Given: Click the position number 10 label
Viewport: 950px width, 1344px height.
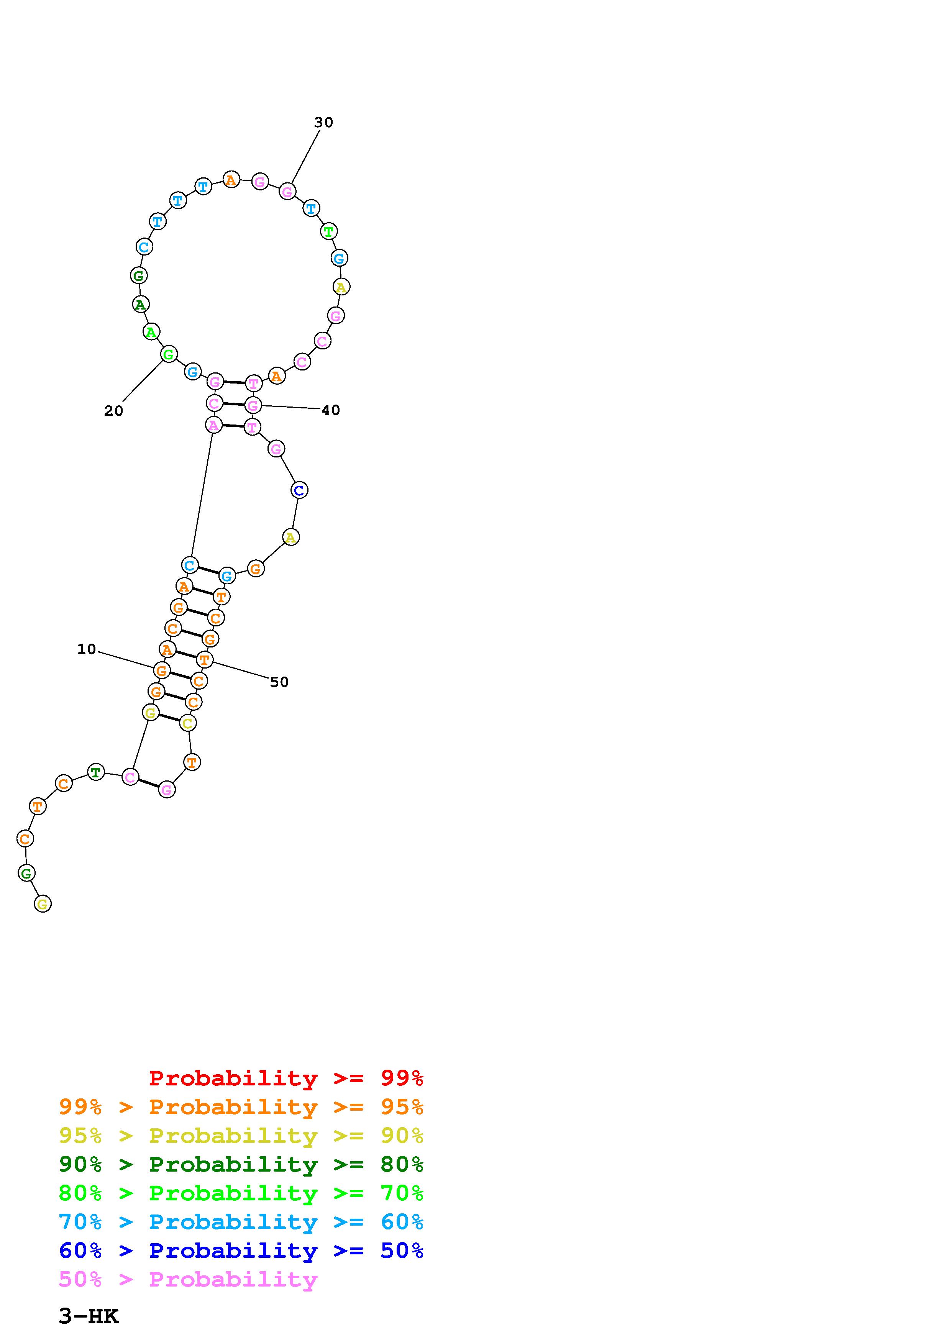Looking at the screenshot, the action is point(87,649).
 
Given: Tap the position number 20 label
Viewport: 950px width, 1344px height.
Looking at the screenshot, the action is point(113,411).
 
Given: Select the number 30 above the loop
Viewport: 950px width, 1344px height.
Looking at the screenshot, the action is point(324,122).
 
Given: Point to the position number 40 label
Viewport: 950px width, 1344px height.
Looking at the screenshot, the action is point(331,410).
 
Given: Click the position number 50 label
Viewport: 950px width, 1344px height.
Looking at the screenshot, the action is point(279,682).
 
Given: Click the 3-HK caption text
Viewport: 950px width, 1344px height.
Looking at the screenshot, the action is point(89,1316).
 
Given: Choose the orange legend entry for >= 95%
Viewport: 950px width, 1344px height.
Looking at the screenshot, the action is point(241,1107).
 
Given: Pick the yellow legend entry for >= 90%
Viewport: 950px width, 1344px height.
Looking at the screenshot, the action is point(241,1136).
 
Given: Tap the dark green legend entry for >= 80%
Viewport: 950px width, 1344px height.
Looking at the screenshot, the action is point(241,1164).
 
